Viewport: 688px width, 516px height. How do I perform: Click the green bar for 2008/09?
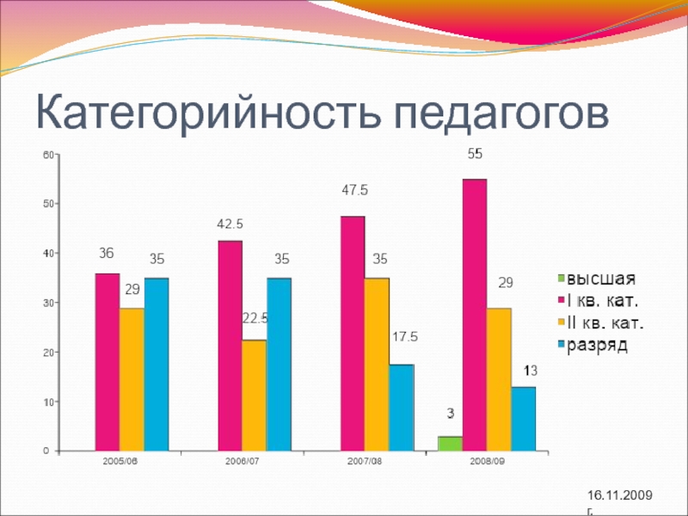[x=450, y=443]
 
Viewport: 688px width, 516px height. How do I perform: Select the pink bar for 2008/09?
[x=474, y=314]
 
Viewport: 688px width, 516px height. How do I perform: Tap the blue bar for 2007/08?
[x=401, y=407]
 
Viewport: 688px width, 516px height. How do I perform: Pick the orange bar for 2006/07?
[x=254, y=395]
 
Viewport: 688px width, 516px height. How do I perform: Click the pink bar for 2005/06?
[x=107, y=361]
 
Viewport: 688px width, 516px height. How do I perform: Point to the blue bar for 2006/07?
[x=279, y=364]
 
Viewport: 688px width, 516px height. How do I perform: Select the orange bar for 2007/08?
[x=377, y=364]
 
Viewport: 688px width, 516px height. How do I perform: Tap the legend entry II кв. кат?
[x=606, y=323]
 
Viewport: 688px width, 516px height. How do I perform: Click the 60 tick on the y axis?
[x=48, y=155]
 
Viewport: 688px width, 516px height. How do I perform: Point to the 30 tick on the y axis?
[x=48, y=303]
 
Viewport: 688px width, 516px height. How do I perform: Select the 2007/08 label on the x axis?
[x=365, y=462]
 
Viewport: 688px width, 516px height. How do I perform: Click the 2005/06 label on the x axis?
[x=120, y=462]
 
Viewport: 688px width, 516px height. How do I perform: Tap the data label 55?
[x=475, y=155]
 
